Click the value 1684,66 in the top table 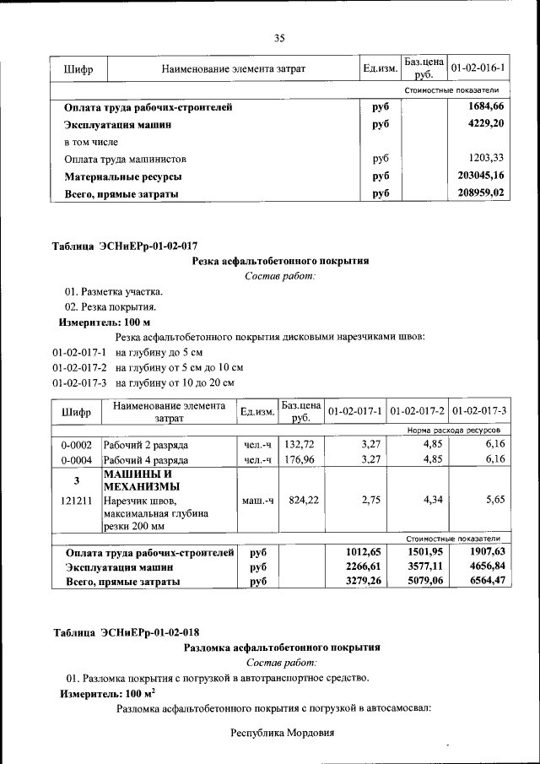click(486, 107)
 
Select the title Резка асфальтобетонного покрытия click(280, 262)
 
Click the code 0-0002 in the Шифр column click(77, 444)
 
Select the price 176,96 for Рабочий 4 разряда click(300, 460)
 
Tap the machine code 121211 click(77, 501)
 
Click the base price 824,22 click(300, 501)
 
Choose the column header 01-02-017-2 click(418, 411)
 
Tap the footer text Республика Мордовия click(283, 733)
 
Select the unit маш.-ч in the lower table click(258, 501)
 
